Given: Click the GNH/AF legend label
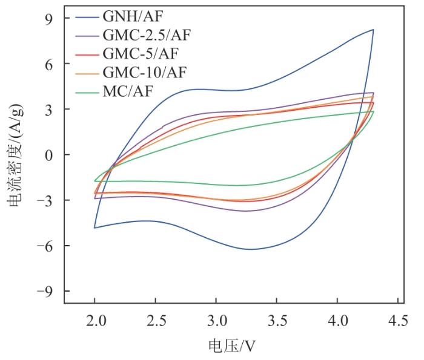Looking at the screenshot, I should click(x=128, y=17).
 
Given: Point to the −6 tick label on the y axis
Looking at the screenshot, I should click(x=45, y=246).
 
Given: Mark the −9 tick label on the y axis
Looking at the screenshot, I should click(x=45, y=291).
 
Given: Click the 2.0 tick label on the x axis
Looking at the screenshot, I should click(x=95, y=319).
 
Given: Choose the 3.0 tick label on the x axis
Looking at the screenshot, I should click(x=216, y=319).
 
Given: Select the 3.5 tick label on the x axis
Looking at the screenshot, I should click(x=277, y=319).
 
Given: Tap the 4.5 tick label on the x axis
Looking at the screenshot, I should click(x=397, y=319).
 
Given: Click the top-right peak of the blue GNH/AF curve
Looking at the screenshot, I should click(x=373, y=30).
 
